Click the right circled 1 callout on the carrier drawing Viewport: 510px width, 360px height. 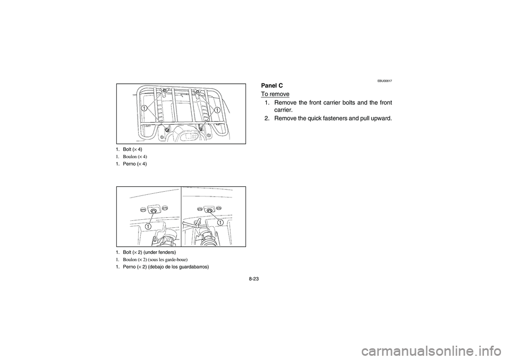click(x=217, y=109)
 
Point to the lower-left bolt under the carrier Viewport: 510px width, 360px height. click(x=168, y=130)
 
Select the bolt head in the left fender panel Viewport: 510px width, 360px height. click(x=153, y=211)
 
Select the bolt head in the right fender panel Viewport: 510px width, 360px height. click(x=209, y=210)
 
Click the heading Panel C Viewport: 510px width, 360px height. click(x=272, y=85)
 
